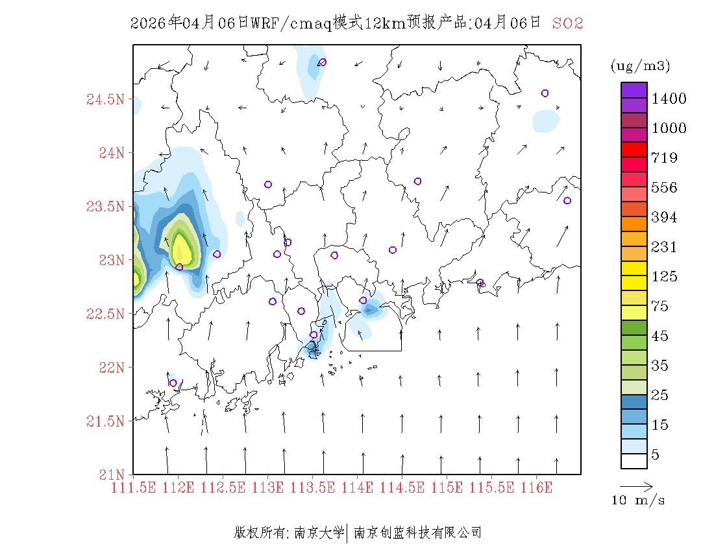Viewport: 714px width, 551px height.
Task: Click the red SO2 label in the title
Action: click(567, 23)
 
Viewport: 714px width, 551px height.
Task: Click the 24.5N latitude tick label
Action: click(105, 100)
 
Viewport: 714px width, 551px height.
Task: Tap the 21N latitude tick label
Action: click(111, 475)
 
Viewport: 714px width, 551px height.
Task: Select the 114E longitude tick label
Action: click(356, 487)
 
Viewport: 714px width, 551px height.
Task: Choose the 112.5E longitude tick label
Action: click(223, 487)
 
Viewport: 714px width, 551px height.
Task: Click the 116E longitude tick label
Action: click(537, 487)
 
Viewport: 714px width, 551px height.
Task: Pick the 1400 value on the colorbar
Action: click(669, 99)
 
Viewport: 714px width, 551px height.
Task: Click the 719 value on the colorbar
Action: click(664, 158)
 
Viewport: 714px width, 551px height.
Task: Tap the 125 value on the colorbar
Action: click(664, 277)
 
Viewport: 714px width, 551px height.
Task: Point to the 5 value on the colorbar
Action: click(656, 455)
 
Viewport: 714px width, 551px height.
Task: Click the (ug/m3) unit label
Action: click(640, 65)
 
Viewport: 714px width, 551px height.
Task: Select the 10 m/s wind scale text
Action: click(639, 500)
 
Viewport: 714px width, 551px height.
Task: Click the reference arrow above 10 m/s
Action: click(636, 486)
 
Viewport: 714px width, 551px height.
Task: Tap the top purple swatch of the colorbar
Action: click(634, 90)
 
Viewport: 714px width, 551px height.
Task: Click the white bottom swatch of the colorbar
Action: click(634, 461)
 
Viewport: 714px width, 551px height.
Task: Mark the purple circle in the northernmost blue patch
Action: click(323, 62)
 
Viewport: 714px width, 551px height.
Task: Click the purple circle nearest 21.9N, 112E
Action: click(173, 383)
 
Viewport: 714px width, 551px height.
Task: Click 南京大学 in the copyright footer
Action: click(319, 533)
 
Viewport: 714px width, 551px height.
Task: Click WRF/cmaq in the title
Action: click(290, 23)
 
